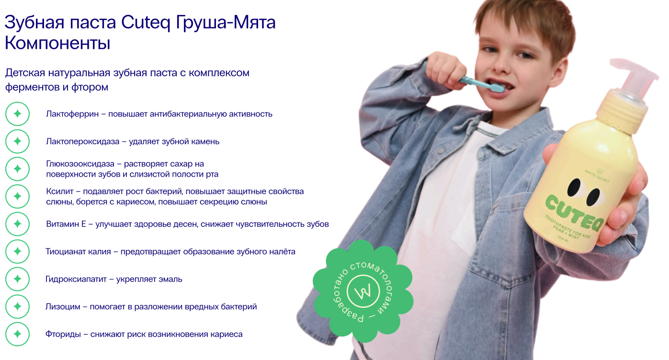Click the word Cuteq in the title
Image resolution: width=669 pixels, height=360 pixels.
coord(146,22)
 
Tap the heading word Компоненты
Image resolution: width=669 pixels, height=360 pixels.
coord(57,43)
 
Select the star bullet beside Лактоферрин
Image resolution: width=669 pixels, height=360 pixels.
coord(17,114)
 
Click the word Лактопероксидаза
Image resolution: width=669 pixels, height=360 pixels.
coord(83,142)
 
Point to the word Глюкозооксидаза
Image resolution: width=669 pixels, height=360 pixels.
coord(80,164)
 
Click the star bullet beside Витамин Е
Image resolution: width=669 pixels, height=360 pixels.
coord(17,224)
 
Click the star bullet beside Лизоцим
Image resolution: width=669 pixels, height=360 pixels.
coord(17,306)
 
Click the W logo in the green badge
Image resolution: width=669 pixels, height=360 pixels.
coord(363,291)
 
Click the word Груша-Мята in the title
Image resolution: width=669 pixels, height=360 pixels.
coord(225,22)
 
